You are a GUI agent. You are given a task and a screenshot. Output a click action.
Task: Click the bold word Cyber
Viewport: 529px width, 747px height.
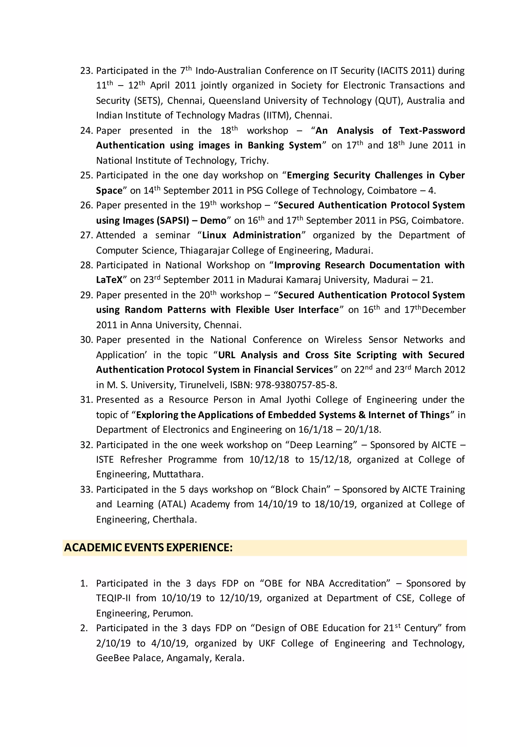(x=452, y=175)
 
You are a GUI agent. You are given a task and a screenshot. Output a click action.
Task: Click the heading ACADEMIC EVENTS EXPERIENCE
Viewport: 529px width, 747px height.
(x=148, y=548)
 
